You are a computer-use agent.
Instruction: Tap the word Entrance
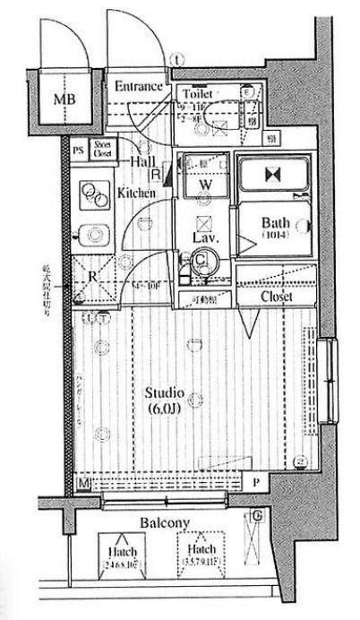(138, 87)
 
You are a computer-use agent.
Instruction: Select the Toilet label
(197, 93)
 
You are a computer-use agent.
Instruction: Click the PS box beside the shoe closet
(78, 151)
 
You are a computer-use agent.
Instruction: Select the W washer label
(204, 184)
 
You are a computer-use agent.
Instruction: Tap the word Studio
(165, 393)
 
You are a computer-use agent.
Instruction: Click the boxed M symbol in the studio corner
(83, 484)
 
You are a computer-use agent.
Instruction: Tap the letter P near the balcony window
(255, 484)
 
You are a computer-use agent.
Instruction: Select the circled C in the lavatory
(203, 261)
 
